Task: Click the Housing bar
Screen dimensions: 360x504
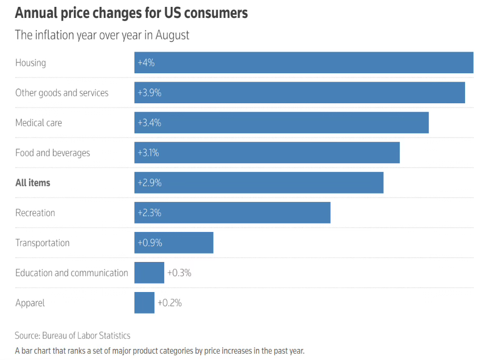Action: (x=303, y=63)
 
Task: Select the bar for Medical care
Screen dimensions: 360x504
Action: (x=281, y=123)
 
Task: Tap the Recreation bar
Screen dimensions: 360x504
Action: (x=232, y=213)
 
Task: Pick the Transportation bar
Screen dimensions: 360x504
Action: (x=174, y=243)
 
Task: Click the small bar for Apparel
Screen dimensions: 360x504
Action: (x=144, y=303)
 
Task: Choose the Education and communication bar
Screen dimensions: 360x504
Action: (x=149, y=273)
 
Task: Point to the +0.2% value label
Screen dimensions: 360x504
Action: (x=170, y=303)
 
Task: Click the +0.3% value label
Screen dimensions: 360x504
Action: (x=179, y=273)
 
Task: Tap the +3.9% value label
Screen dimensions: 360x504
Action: (x=149, y=93)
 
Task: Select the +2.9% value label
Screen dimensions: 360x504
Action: (x=149, y=183)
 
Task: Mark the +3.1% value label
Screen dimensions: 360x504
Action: (x=148, y=153)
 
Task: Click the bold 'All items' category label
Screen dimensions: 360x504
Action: (x=33, y=183)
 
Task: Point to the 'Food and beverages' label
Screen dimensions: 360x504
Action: (x=53, y=153)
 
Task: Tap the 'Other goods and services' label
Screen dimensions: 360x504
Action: (x=62, y=93)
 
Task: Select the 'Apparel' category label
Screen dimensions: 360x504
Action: (x=30, y=303)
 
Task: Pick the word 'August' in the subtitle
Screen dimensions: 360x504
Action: (x=172, y=35)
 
